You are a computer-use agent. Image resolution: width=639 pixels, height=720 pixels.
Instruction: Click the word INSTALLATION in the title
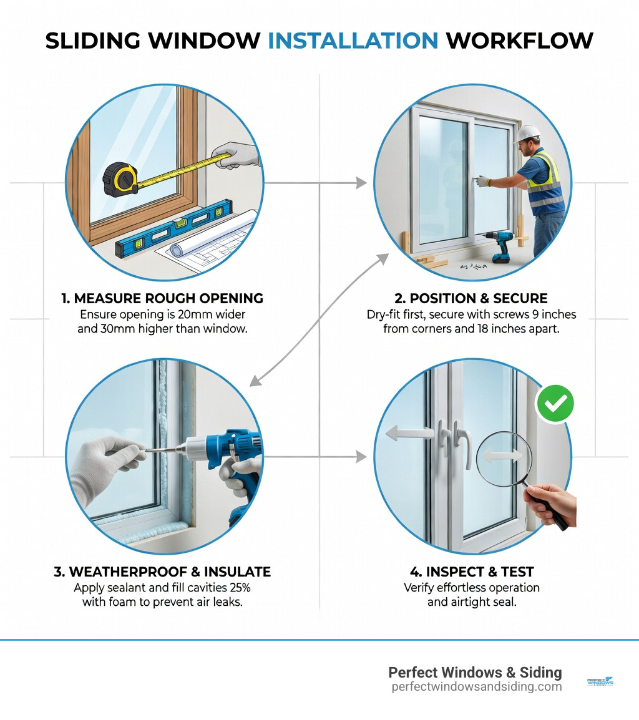coord(353,41)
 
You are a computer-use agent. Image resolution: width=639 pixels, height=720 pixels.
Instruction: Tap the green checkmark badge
coord(555,404)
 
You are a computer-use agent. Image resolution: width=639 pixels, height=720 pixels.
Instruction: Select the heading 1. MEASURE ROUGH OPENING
coord(162,298)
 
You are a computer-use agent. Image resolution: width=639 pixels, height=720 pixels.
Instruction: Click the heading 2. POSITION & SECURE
coord(471,298)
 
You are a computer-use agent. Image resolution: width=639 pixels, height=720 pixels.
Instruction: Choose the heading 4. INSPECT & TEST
coord(472,572)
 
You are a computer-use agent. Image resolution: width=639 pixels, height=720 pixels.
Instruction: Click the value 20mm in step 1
coord(208,314)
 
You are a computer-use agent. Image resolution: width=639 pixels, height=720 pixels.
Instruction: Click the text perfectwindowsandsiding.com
coord(476,687)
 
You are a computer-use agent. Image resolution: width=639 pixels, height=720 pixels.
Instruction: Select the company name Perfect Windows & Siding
coord(475,672)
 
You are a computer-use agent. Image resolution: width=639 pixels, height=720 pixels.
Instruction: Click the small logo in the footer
coord(600,682)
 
